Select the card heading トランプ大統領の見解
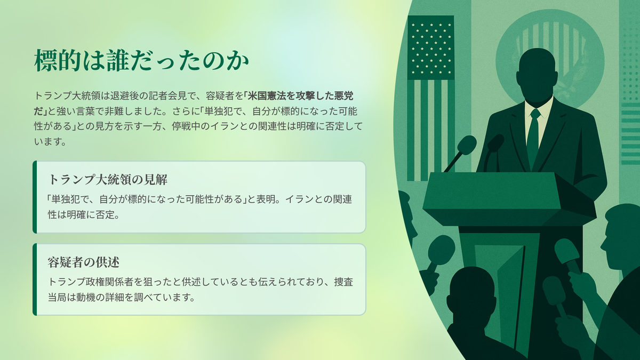click(x=108, y=180)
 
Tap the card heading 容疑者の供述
click(x=83, y=262)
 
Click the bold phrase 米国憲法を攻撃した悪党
click(x=300, y=96)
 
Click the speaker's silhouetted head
click(x=537, y=74)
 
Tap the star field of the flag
click(x=431, y=47)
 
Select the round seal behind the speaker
click(x=550, y=60)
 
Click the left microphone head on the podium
click(x=467, y=145)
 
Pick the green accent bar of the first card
click(x=35, y=197)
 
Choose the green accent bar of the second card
click(x=35, y=279)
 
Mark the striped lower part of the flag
click(x=431, y=130)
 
